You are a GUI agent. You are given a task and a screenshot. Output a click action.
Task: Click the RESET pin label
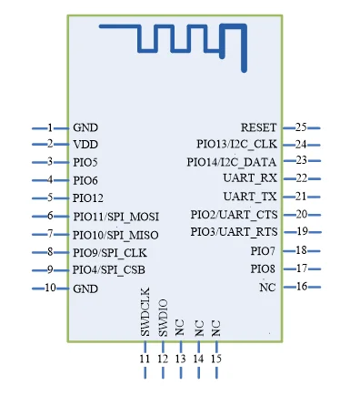(259, 127)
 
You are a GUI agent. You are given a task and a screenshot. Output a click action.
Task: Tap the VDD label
(85, 145)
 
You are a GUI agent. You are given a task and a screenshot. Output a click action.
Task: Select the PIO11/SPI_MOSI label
(116, 217)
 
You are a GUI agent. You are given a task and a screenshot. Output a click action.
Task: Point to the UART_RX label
(250, 178)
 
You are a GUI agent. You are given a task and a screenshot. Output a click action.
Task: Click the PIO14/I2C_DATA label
(232, 162)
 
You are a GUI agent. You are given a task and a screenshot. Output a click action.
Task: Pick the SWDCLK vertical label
(145, 312)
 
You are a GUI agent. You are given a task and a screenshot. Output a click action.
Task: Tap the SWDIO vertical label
(163, 318)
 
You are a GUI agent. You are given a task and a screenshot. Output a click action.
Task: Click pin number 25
(301, 127)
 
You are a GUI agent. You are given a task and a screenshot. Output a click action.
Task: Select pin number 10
(50, 288)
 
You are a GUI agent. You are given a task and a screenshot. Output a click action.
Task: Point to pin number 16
(302, 286)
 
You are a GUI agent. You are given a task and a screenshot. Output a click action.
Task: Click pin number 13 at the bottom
(180, 359)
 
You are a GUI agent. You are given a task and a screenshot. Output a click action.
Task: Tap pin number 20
(302, 214)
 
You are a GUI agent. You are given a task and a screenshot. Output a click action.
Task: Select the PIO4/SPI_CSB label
(109, 270)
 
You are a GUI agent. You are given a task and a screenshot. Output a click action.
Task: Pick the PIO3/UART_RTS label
(234, 232)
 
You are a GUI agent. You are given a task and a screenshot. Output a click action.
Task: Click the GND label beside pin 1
(85, 127)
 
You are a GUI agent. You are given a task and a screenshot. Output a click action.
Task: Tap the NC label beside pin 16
(267, 287)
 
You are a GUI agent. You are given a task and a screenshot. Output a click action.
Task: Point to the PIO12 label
(88, 198)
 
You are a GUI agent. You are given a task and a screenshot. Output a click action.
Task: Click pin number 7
(50, 234)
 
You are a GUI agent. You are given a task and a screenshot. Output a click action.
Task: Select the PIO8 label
(263, 268)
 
